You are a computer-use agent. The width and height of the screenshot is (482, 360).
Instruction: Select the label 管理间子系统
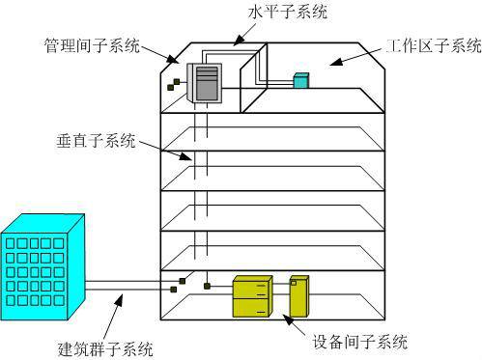point(91,46)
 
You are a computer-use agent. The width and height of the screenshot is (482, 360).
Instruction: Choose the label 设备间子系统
point(361,341)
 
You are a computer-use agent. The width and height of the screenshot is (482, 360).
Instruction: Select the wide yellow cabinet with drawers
point(254,296)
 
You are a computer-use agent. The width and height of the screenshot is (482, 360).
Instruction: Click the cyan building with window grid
point(43,269)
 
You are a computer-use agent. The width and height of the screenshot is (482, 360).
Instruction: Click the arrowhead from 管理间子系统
point(175,61)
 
